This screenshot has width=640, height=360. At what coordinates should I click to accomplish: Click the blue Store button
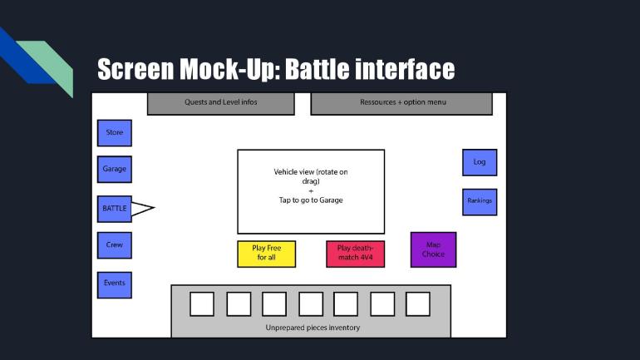click(114, 133)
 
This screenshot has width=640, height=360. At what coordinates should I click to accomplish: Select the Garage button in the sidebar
click(114, 169)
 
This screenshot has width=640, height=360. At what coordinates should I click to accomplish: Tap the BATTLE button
click(114, 208)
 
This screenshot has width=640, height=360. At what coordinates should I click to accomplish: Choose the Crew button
click(114, 245)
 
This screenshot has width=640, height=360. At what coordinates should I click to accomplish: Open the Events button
click(114, 284)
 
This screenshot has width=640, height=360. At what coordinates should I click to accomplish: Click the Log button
click(480, 162)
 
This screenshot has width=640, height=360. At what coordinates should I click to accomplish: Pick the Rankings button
click(480, 201)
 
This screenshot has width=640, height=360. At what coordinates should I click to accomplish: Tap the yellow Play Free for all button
click(267, 254)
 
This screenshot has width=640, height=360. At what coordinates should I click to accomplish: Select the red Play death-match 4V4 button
click(355, 254)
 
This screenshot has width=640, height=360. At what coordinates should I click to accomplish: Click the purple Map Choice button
click(433, 249)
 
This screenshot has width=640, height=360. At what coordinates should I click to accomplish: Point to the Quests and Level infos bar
click(221, 103)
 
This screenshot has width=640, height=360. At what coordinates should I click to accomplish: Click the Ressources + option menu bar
click(401, 103)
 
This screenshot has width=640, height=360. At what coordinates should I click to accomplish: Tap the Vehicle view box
click(311, 191)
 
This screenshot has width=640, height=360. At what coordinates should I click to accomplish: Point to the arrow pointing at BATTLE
click(142, 208)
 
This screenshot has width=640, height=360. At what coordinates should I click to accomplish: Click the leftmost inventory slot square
click(202, 304)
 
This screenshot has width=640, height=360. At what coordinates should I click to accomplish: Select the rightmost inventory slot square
click(418, 304)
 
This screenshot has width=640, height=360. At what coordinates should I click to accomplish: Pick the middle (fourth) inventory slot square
click(311, 304)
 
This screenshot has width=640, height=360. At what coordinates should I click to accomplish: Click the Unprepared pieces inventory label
click(313, 328)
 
